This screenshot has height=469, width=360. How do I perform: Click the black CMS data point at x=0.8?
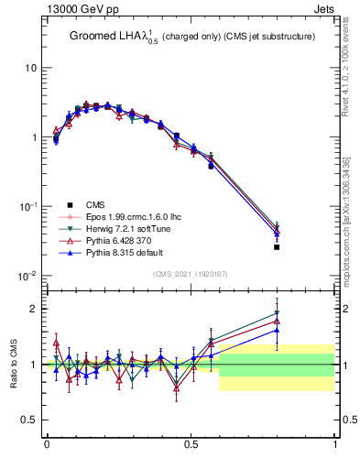click(x=277, y=247)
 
